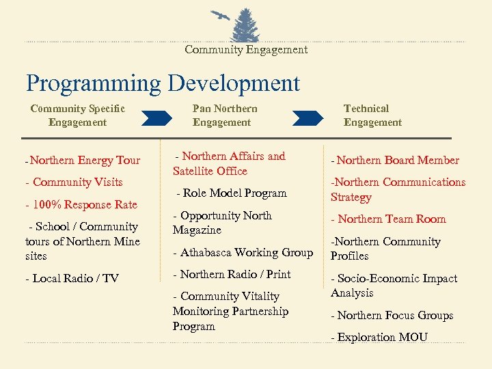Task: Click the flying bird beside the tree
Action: (x=221, y=16)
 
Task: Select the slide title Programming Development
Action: (x=163, y=83)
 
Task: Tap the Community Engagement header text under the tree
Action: (x=246, y=49)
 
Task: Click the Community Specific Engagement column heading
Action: (x=77, y=115)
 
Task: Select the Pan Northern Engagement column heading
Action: (x=224, y=115)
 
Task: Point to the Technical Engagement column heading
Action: (x=372, y=115)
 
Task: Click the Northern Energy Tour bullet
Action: (x=82, y=161)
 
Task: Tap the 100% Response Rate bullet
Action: (x=81, y=204)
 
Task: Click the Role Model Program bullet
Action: (x=231, y=193)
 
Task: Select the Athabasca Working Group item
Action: (x=243, y=252)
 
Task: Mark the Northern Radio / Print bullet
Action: (x=232, y=274)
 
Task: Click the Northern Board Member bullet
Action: (x=395, y=161)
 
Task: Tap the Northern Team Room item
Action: (x=388, y=219)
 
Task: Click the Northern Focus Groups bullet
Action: (x=392, y=315)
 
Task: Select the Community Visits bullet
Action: (x=74, y=182)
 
